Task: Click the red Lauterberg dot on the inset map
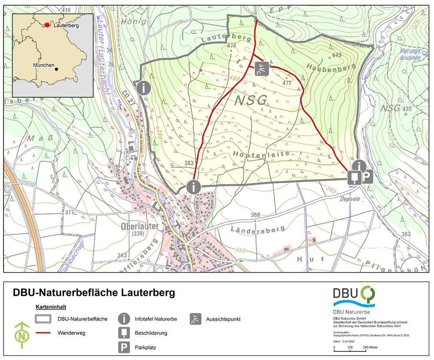point(47,25)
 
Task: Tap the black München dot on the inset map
point(57,69)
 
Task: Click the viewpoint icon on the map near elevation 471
point(261,69)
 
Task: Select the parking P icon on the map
point(367,177)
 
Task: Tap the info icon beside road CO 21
point(144,88)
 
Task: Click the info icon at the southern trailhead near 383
point(193,187)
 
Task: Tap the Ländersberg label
point(258,228)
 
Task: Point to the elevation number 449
point(337,55)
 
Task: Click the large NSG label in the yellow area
point(251,101)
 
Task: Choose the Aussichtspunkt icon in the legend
point(196,319)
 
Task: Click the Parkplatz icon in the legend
point(124,347)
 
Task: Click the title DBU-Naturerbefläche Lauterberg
point(94,293)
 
